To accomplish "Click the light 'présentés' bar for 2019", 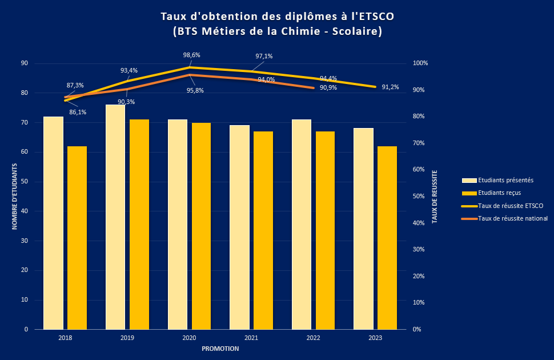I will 115,217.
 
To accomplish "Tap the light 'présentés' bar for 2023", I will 363,229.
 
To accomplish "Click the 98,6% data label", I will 191,55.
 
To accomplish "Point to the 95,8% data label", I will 195,90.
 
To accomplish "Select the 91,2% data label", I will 391,87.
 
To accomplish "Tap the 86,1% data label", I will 78,112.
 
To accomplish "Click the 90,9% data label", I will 328,88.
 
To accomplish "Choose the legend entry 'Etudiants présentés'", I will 505,180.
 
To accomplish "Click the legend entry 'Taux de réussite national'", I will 513,218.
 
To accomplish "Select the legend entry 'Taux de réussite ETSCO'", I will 511,206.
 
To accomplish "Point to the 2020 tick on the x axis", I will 189,338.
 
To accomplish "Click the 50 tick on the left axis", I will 24,182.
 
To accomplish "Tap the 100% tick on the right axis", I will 420,63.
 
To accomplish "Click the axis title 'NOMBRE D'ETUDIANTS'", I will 15,197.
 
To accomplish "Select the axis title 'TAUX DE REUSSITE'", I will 435,197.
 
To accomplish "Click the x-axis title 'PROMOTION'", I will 220,349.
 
